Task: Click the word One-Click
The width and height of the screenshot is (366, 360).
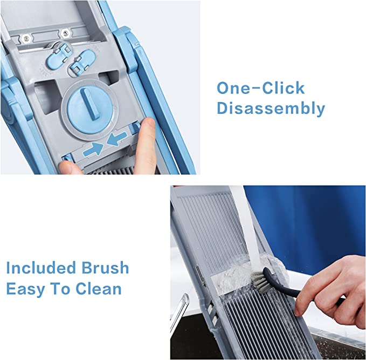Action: tap(261, 88)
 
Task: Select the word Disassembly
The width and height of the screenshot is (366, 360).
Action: tap(271, 108)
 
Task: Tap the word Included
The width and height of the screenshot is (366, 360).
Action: tap(41, 267)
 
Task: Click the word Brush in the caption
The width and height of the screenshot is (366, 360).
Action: tap(105, 267)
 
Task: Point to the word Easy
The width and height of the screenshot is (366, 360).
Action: tap(25, 289)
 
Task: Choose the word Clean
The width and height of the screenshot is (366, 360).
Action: tap(99, 288)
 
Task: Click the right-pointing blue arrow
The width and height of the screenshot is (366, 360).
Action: tap(93, 150)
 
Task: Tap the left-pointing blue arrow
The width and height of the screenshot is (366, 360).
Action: tap(117, 139)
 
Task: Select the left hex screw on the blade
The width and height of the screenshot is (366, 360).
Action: tap(26, 38)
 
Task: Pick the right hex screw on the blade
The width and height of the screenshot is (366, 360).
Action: tap(65, 33)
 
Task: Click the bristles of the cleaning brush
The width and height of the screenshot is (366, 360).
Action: tap(260, 282)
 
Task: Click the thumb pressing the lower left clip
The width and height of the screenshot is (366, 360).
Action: tap(70, 168)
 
